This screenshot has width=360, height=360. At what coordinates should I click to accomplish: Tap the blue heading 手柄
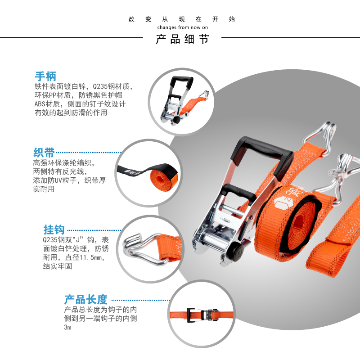(x=45, y=76)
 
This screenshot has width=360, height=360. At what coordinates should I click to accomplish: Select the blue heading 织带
(x=44, y=152)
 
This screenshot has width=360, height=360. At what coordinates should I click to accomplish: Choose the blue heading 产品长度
(x=86, y=299)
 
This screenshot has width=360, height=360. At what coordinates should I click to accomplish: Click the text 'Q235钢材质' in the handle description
(x=112, y=86)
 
